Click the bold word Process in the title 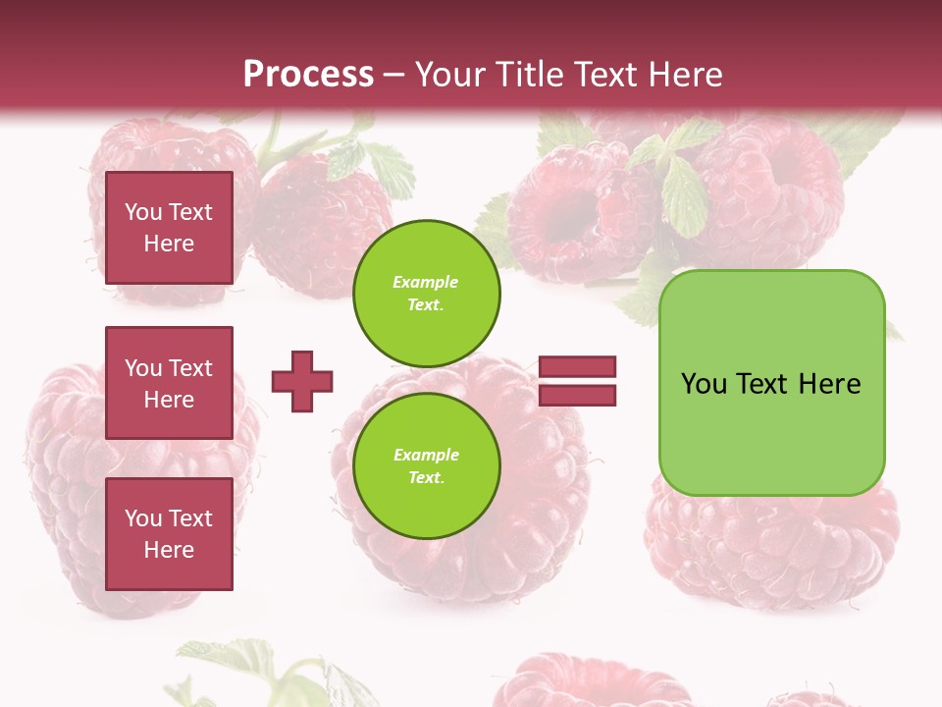(x=308, y=74)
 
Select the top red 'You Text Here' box (x=169, y=228)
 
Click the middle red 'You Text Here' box (x=169, y=383)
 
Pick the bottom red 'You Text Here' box (x=169, y=534)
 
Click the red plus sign (x=302, y=381)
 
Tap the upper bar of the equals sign (x=577, y=366)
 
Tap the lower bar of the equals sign (x=577, y=395)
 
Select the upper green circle (x=427, y=293)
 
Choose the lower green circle (x=427, y=465)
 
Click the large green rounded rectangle (x=771, y=383)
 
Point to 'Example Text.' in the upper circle (x=426, y=293)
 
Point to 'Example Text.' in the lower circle (x=426, y=465)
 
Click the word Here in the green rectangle (x=829, y=384)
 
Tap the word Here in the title (x=685, y=74)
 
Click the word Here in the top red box (x=169, y=244)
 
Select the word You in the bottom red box (x=143, y=518)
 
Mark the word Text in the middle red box (x=190, y=368)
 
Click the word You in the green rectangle (x=704, y=384)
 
